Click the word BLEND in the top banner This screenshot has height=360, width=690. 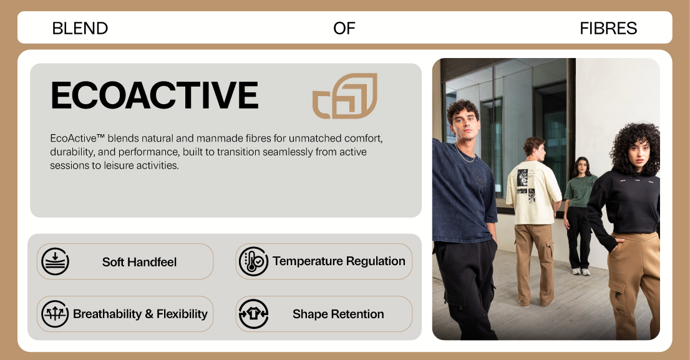pos(80,29)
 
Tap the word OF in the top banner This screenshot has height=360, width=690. pos(344,29)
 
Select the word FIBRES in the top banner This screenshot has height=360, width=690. pos(608,29)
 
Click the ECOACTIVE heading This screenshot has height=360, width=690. pos(155,95)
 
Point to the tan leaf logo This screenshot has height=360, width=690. pos(345,96)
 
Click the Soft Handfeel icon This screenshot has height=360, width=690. pos(55,261)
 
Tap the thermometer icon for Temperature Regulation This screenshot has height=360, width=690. pos(253,261)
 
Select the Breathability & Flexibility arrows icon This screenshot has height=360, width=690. pos(55,314)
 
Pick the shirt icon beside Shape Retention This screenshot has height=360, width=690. pos(253,314)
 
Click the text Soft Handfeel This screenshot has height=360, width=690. pos(140,262)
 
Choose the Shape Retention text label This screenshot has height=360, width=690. pos(338,314)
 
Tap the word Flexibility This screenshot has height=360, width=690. pos(182,314)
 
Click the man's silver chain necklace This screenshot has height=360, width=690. pos(465,155)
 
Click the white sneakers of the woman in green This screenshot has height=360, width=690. pos(580,271)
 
